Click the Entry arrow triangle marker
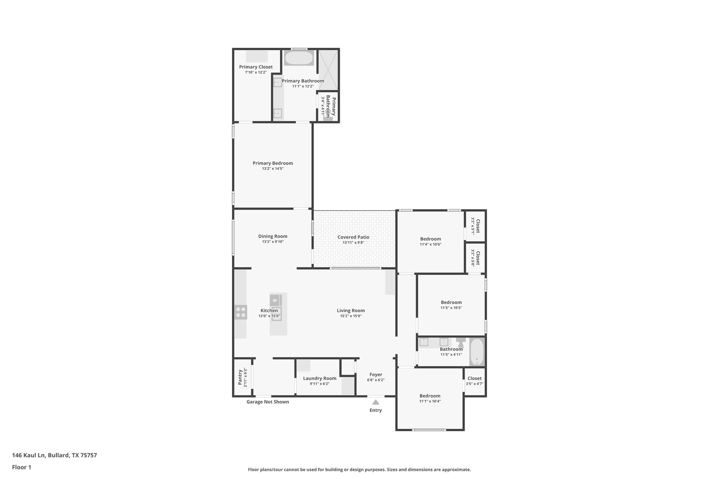coord(375,402)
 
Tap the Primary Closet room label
coord(256,67)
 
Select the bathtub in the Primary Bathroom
coord(298,58)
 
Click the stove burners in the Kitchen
coord(241,312)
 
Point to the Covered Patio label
coord(353,237)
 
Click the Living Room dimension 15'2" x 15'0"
coord(351,316)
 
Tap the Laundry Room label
coord(319,378)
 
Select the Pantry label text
coord(240,377)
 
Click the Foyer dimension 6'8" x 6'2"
coord(376,380)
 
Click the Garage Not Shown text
coord(268,402)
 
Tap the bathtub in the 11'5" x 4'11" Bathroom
coord(476,352)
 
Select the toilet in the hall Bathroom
coord(461,343)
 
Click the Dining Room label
coord(273,237)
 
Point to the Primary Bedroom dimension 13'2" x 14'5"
coord(273,169)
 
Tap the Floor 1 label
coord(21,467)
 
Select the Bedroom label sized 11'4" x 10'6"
coord(430,239)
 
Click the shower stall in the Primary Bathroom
coord(328,69)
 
